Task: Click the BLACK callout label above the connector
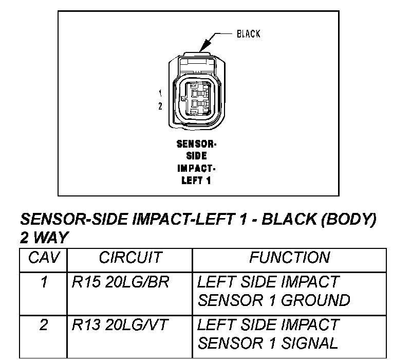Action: click(x=248, y=34)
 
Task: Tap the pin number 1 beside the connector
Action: click(x=160, y=93)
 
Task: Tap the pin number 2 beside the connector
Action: click(x=160, y=106)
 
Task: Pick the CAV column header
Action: click(x=44, y=257)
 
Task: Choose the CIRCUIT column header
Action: click(x=130, y=257)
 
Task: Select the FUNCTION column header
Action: click(x=289, y=257)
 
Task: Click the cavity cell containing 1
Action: click(x=44, y=282)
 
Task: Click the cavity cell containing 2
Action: click(x=44, y=326)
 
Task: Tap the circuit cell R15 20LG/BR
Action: click(x=121, y=282)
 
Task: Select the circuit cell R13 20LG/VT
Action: click(x=120, y=326)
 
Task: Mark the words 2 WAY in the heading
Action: click(x=44, y=238)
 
